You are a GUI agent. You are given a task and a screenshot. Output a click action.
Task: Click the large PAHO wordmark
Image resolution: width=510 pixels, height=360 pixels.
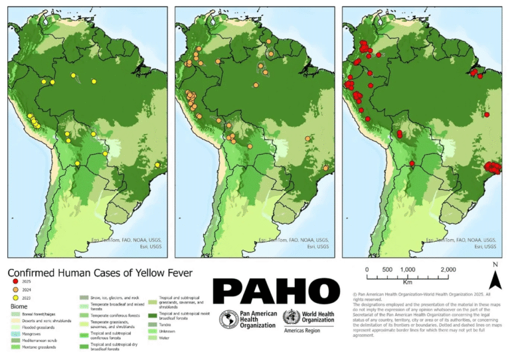(x=276, y=290)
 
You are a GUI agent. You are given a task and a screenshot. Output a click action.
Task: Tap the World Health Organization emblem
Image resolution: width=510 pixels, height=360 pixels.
(x=291, y=317)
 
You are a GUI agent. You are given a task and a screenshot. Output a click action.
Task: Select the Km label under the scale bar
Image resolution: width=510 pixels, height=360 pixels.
(x=406, y=282)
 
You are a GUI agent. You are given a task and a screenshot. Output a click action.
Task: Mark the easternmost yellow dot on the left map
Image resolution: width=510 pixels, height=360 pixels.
(x=157, y=165)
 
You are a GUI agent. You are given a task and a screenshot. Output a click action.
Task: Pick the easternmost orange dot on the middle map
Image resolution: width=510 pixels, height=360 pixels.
(x=325, y=168)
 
